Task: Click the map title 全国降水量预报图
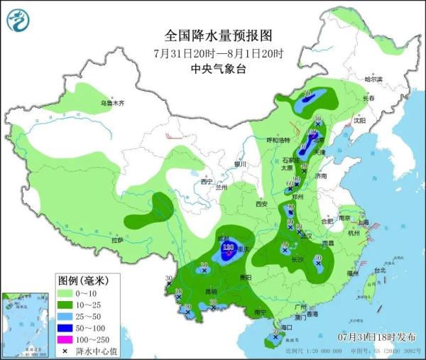(x=218, y=35)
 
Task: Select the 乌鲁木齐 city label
(x=111, y=104)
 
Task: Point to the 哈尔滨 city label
(x=373, y=79)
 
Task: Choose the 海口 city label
(x=287, y=327)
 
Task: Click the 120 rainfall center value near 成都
(x=229, y=247)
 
